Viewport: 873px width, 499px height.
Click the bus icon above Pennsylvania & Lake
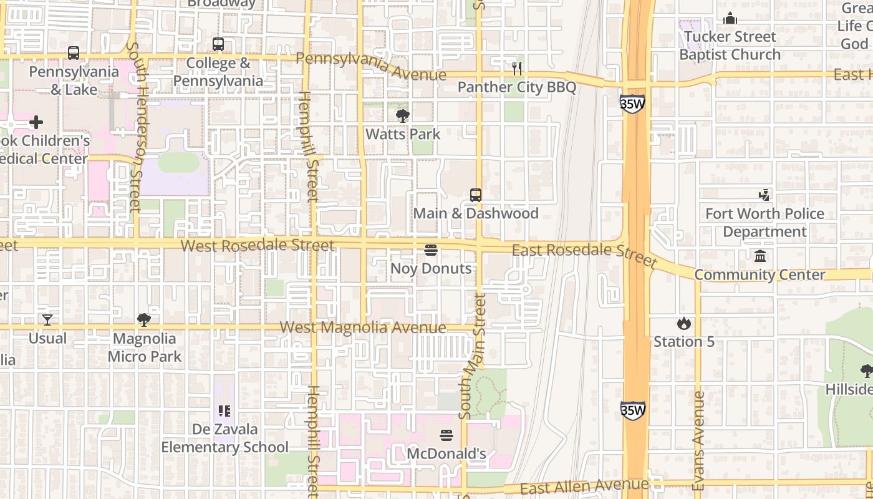[74, 53]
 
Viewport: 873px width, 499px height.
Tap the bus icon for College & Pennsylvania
[218, 44]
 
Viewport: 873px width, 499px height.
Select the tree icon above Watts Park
[403, 115]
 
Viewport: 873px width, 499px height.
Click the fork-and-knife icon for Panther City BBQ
[516, 68]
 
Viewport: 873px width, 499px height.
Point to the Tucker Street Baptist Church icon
[730, 19]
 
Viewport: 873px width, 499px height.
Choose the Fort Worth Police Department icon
[764, 195]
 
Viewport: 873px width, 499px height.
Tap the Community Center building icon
[760, 256]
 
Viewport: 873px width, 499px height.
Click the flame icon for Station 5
[683, 323]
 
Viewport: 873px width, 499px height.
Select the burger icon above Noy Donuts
[431, 250]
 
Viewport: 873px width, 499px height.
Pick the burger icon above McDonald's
[446, 435]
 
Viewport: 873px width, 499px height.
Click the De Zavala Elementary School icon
[224, 411]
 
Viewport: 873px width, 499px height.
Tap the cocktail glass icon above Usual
[47, 320]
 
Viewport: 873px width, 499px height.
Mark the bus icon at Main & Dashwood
[476, 195]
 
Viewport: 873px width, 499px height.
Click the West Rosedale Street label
[258, 245]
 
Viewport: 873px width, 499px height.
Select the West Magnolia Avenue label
[363, 327]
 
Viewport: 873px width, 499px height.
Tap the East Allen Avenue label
[584, 486]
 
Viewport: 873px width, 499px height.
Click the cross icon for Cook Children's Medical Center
[36, 122]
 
